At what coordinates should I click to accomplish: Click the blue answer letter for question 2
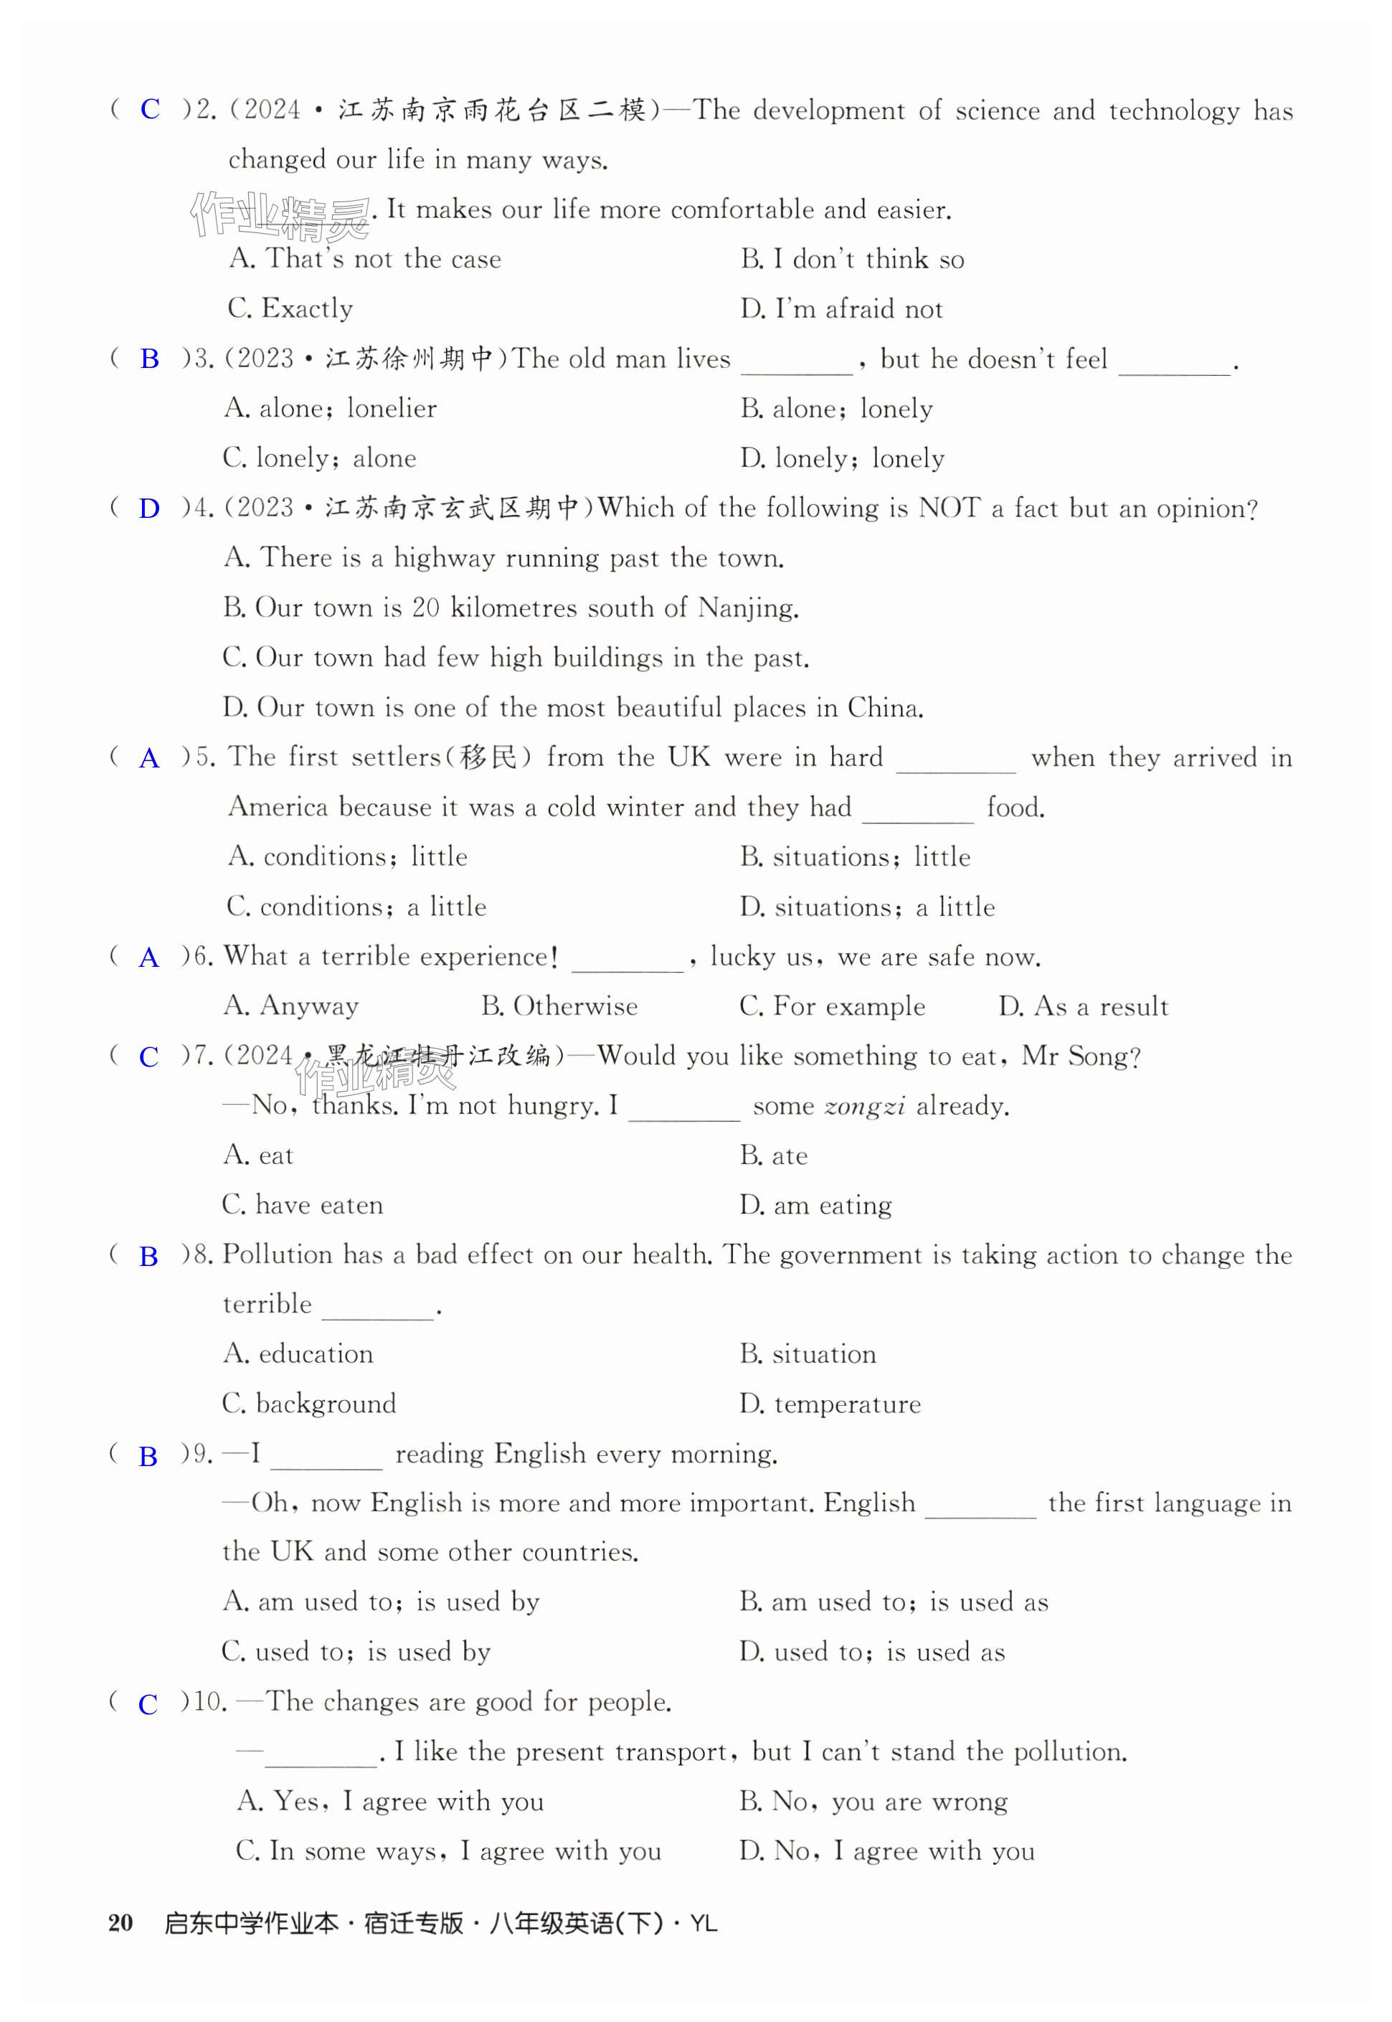point(150,109)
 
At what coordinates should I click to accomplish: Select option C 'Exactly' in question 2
point(290,309)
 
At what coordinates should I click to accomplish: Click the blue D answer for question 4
point(149,509)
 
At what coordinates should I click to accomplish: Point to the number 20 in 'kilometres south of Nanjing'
point(425,608)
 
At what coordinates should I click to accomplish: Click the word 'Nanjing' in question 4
point(747,608)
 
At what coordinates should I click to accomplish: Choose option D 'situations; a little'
point(867,907)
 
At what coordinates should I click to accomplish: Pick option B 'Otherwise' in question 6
point(559,1006)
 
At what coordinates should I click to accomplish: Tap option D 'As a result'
point(1082,1006)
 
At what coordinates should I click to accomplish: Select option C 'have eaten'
point(303,1206)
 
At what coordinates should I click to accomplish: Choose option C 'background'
point(309,1404)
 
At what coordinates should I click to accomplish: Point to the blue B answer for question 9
point(148,1456)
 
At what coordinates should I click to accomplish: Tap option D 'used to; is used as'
point(872,1652)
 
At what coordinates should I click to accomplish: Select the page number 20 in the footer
point(120,1924)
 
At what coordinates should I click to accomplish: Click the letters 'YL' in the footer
point(703,1924)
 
